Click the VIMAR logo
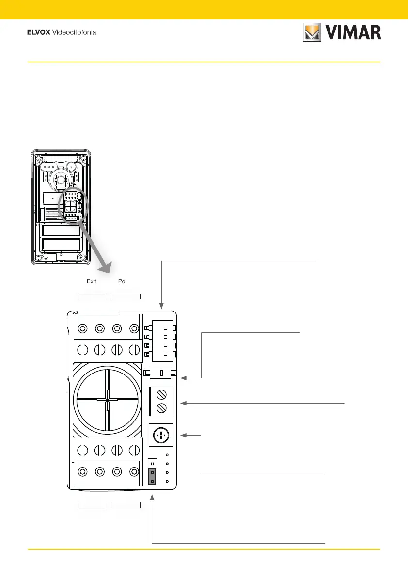click(x=342, y=33)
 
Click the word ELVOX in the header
click(x=38, y=33)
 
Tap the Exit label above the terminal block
click(x=92, y=281)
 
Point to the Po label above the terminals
click(x=122, y=281)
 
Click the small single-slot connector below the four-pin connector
click(x=160, y=374)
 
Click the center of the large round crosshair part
click(x=107, y=400)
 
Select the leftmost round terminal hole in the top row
click(x=82, y=329)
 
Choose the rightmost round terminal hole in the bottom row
click(x=135, y=471)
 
